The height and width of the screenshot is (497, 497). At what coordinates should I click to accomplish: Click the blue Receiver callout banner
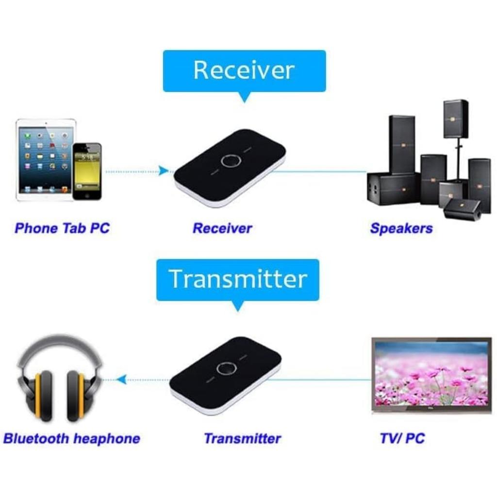click(244, 70)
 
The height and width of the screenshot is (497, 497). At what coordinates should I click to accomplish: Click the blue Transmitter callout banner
click(238, 279)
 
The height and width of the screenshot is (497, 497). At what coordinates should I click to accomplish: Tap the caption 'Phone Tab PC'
click(62, 228)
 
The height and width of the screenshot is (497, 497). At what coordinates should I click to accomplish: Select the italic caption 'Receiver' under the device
click(222, 228)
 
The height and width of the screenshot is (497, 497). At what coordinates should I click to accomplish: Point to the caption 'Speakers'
click(401, 228)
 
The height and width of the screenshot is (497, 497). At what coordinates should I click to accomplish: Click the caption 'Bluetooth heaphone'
click(71, 439)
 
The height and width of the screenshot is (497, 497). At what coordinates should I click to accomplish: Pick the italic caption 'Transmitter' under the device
click(242, 439)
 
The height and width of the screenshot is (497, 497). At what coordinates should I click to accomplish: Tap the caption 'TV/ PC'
click(402, 439)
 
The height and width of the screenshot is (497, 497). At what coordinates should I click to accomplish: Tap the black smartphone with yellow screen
click(87, 171)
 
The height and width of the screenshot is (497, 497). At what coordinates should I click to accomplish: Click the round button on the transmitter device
click(225, 369)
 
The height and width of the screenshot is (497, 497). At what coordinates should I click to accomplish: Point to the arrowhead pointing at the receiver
click(164, 170)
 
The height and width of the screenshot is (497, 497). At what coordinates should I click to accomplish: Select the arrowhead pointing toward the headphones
click(121, 379)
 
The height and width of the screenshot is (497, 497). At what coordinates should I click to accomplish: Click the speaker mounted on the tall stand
click(456, 118)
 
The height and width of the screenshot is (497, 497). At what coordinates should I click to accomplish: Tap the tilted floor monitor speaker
click(462, 209)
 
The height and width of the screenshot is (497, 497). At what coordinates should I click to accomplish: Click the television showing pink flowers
click(431, 374)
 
